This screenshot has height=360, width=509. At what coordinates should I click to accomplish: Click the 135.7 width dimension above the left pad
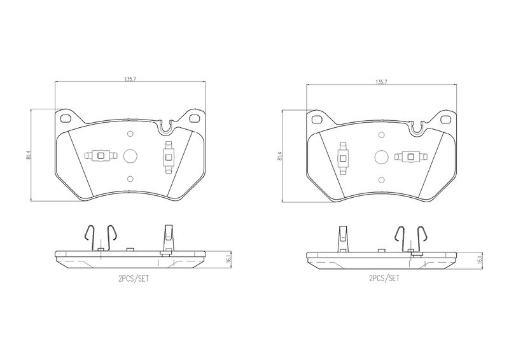[130, 79]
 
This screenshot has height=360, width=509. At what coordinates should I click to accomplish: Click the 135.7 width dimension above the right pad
[381, 82]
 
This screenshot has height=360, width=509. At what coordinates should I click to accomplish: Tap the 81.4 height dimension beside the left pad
[29, 155]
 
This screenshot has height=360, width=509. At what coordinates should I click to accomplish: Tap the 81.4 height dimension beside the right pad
[280, 156]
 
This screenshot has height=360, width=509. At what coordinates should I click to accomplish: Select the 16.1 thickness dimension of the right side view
[480, 260]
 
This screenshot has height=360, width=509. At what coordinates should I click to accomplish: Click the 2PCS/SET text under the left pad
[134, 279]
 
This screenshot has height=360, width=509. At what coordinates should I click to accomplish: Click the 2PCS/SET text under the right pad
[385, 278]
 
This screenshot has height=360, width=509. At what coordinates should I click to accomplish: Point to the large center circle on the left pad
[130, 156]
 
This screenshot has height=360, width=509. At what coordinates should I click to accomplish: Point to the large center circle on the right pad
[381, 158]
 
